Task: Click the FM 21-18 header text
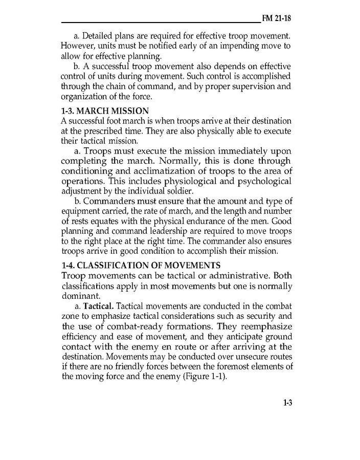(276, 19)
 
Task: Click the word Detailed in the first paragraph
(99, 36)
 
